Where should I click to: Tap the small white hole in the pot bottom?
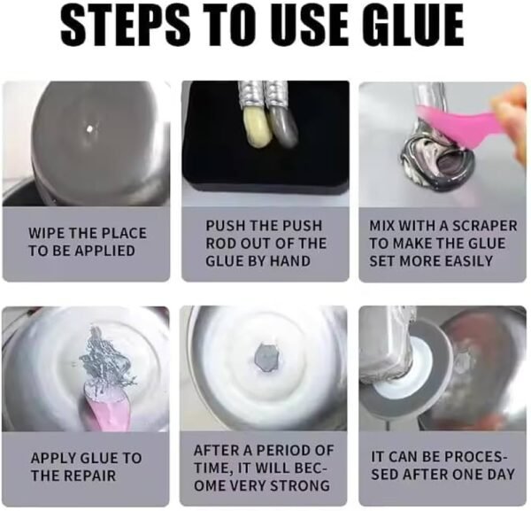[90, 128]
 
